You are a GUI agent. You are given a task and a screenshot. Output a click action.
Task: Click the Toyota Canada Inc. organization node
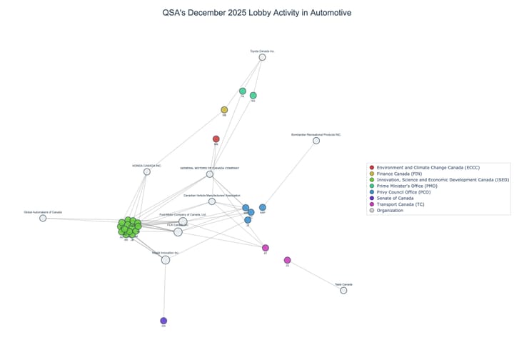262,57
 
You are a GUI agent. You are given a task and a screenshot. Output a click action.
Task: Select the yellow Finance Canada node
224,110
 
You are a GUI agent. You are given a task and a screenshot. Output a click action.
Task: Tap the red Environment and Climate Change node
216,139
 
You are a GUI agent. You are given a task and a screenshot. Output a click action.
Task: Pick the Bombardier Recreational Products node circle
316,141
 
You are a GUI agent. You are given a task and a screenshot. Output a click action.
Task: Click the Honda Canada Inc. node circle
147,171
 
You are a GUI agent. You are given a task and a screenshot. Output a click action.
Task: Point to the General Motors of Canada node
210,174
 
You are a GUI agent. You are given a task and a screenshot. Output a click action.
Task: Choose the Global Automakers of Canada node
43,218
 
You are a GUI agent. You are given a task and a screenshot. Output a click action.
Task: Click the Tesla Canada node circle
343,290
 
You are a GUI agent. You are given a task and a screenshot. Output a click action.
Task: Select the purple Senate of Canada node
163,321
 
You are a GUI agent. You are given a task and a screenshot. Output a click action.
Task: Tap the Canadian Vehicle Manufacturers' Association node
212,201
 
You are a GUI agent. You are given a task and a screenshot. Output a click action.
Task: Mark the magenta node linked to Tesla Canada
287,260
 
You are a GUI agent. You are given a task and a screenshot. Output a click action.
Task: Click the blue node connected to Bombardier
263,207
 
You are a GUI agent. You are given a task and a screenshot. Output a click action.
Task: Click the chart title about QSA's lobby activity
256,13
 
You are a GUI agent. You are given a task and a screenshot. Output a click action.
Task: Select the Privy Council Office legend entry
404,191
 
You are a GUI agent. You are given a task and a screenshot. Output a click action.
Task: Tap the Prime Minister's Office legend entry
406,186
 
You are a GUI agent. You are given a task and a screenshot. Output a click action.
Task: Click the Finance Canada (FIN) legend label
402,173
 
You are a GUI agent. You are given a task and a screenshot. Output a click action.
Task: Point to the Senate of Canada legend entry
400,198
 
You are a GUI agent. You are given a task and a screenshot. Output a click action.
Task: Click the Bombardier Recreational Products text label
316,134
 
